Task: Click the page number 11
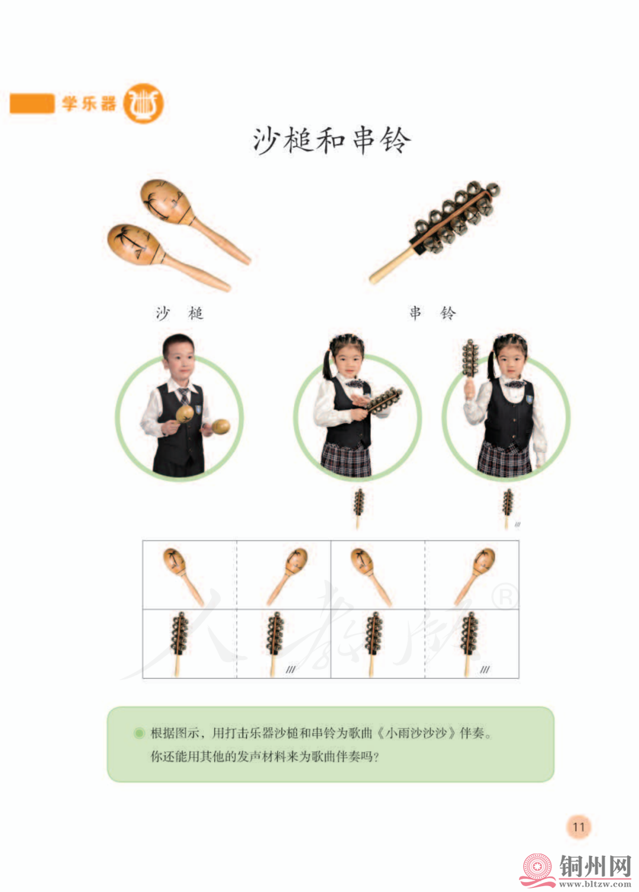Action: pos(579,827)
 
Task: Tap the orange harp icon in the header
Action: pos(144,103)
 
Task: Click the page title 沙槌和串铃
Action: pos(332,140)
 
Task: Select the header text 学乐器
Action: pos(89,103)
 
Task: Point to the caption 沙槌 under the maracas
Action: pos(179,313)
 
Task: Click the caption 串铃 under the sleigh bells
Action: pos(433,313)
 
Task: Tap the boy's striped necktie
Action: pos(184,396)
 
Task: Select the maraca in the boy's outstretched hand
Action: pos(219,427)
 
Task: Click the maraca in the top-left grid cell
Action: pos(183,576)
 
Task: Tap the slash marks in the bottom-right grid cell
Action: pos(485,669)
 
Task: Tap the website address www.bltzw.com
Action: pos(595,884)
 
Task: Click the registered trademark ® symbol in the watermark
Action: pos(505,596)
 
